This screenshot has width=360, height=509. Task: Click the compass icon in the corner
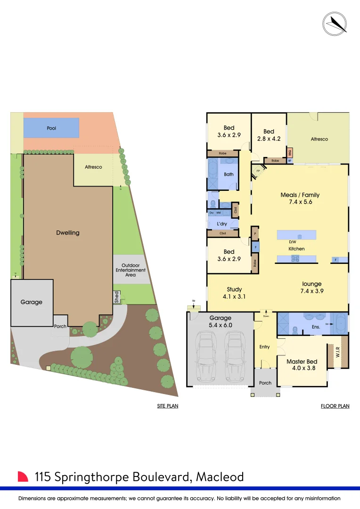[335, 23]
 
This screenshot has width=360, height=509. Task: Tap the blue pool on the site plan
[51, 128]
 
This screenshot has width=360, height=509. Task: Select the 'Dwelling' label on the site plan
[68, 232]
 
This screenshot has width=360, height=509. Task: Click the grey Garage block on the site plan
[32, 302]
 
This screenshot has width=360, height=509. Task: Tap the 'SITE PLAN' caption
[168, 406]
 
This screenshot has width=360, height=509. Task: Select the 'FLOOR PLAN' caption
[335, 406]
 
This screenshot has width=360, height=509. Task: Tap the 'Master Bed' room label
[302, 362]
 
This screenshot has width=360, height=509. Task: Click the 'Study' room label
[234, 289]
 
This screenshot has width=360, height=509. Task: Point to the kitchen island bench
[296, 235]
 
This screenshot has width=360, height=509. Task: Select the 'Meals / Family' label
[300, 195]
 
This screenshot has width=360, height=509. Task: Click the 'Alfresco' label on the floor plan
[319, 139]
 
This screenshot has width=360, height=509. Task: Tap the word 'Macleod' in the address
[219, 476]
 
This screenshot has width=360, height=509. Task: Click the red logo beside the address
[23, 476]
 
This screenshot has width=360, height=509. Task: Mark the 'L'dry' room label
[222, 223]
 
